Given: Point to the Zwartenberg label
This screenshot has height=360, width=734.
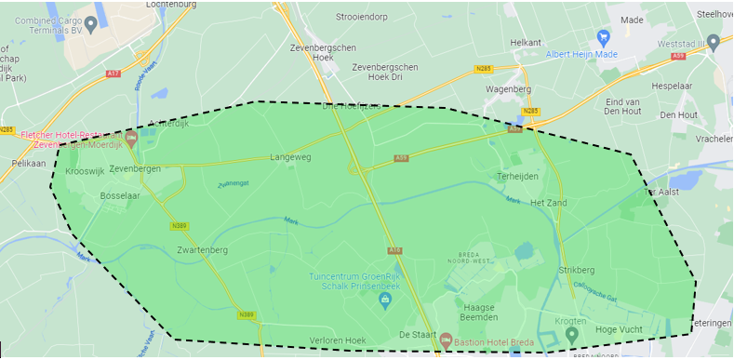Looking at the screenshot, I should click(x=202, y=250).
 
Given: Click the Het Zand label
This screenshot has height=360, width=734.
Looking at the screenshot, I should click(x=548, y=202).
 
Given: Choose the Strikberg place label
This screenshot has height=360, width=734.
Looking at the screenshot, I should click(x=576, y=270).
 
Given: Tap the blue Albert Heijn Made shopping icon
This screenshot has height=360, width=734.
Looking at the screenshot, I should click(x=603, y=38).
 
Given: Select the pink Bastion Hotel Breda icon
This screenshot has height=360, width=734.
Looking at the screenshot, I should click(x=446, y=340).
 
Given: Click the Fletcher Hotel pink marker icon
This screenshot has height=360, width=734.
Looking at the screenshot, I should click(x=131, y=140).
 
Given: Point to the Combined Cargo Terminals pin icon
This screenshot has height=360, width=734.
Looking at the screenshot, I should click(x=90, y=23).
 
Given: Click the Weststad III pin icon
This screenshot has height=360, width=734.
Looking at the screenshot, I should click(x=713, y=42).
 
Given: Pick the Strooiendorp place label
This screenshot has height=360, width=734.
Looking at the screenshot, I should click(x=388, y=16).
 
